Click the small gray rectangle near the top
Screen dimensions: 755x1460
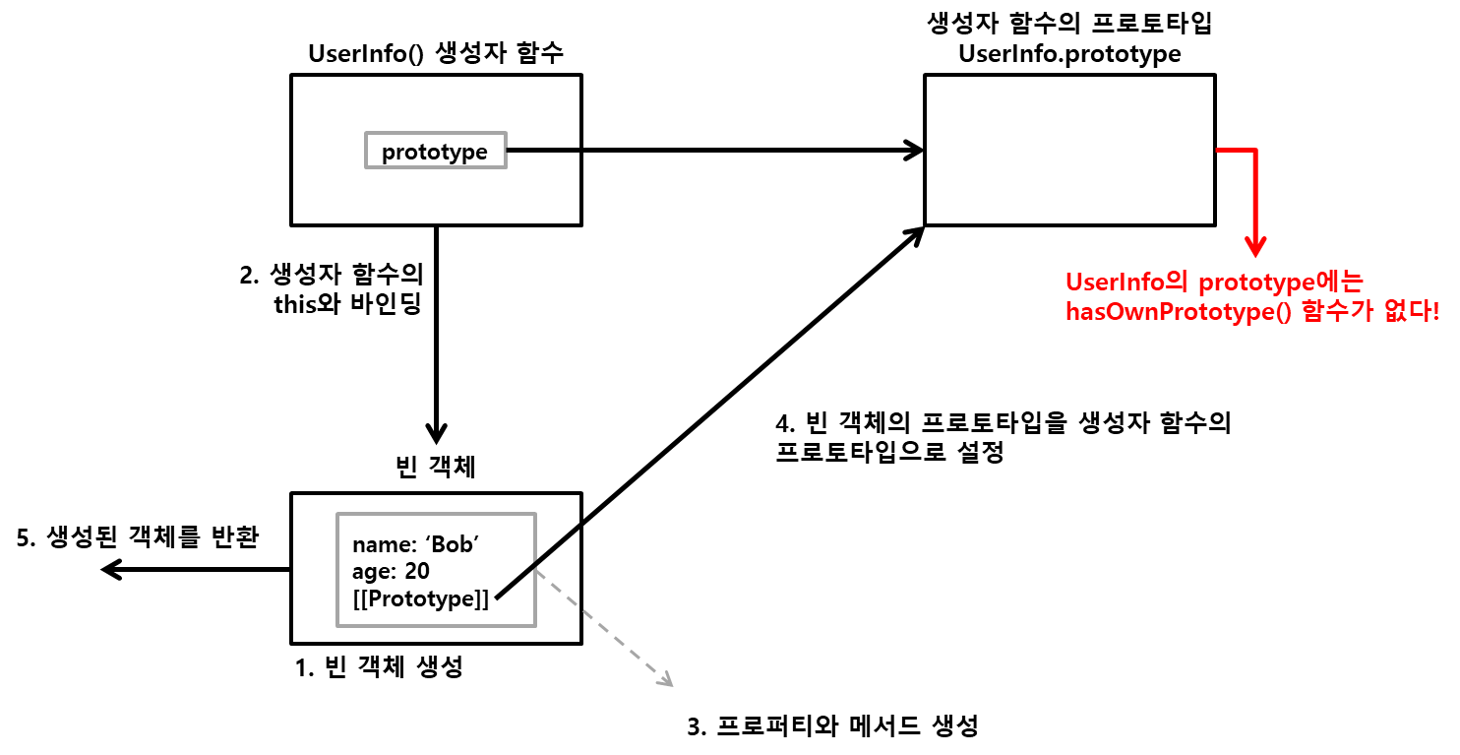[x=436, y=150]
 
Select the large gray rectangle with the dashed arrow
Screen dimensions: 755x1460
[x=436, y=569]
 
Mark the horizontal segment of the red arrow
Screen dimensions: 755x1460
[x=1236, y=150]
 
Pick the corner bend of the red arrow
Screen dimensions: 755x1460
[x=1255, y=151]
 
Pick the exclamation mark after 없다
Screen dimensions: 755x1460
[x=1435, y=313]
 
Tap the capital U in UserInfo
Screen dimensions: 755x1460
[x=1073, y=283]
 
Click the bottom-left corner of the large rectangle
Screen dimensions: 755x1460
[x=337, y=625]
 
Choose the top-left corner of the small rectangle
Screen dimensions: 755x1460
[x=366, y=133]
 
